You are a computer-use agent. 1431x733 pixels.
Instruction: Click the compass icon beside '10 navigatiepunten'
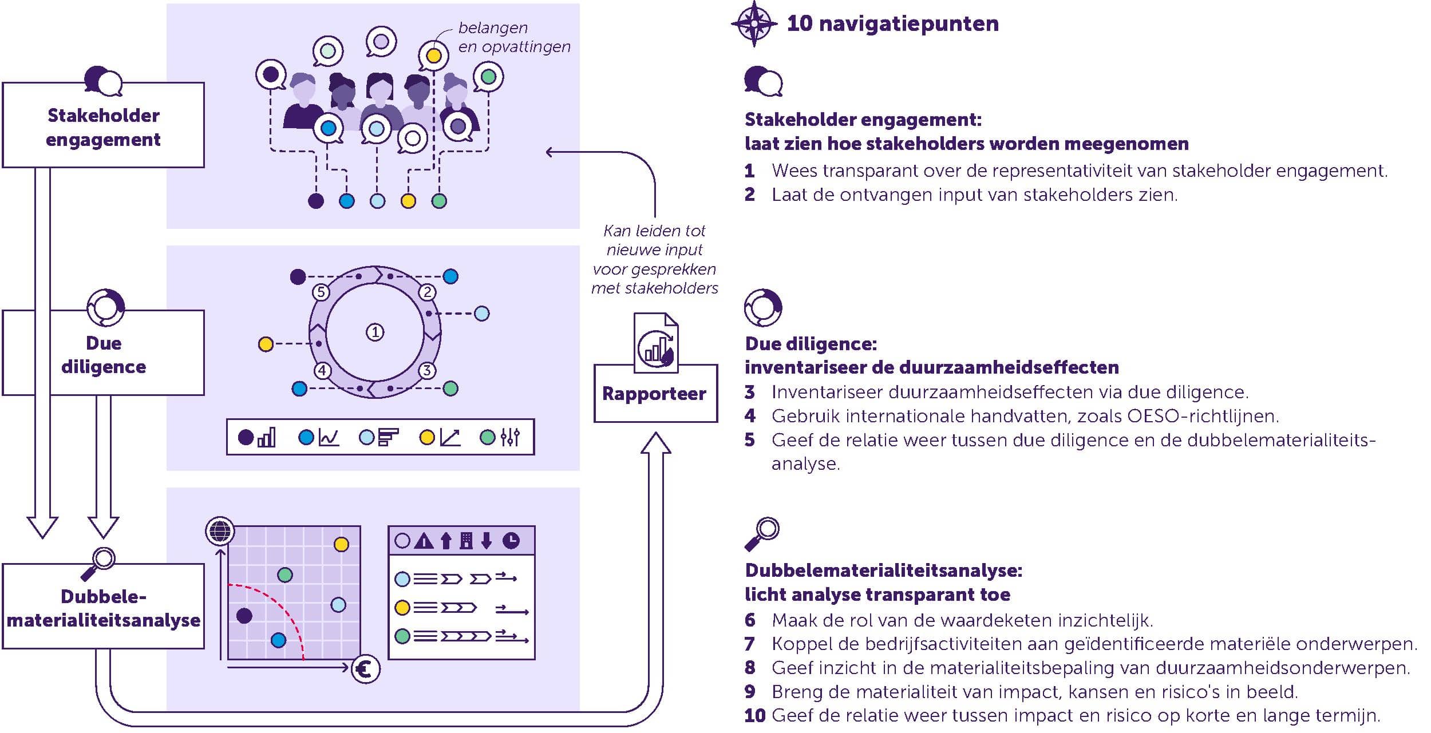[754, 23]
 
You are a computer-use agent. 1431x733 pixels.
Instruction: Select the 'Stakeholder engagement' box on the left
[104, 126]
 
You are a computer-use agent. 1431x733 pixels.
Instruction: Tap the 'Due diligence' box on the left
[104, 354]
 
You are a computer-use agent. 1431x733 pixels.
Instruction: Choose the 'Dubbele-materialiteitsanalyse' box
[104, 607]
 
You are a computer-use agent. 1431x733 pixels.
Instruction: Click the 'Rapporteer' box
[655, 394]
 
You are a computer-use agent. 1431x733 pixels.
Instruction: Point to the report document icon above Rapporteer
[656, 342]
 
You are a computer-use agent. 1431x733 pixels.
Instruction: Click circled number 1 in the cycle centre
[375, 332]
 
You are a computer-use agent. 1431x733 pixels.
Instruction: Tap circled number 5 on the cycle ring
[321, 292]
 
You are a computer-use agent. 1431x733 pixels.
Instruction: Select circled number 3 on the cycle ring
[427, 370]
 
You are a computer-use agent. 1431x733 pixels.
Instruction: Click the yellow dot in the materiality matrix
[341, 544]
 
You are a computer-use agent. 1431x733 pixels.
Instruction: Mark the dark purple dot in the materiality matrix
[244, 616]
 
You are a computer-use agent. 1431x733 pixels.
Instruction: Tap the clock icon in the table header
[511, 541]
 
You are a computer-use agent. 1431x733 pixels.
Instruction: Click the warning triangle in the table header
[424, 541]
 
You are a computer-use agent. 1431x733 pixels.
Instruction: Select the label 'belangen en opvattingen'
[513, 37]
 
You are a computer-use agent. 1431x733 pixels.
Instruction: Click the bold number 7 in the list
[750, 644]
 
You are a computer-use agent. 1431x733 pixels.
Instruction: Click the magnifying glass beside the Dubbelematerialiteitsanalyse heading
[762, 534]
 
